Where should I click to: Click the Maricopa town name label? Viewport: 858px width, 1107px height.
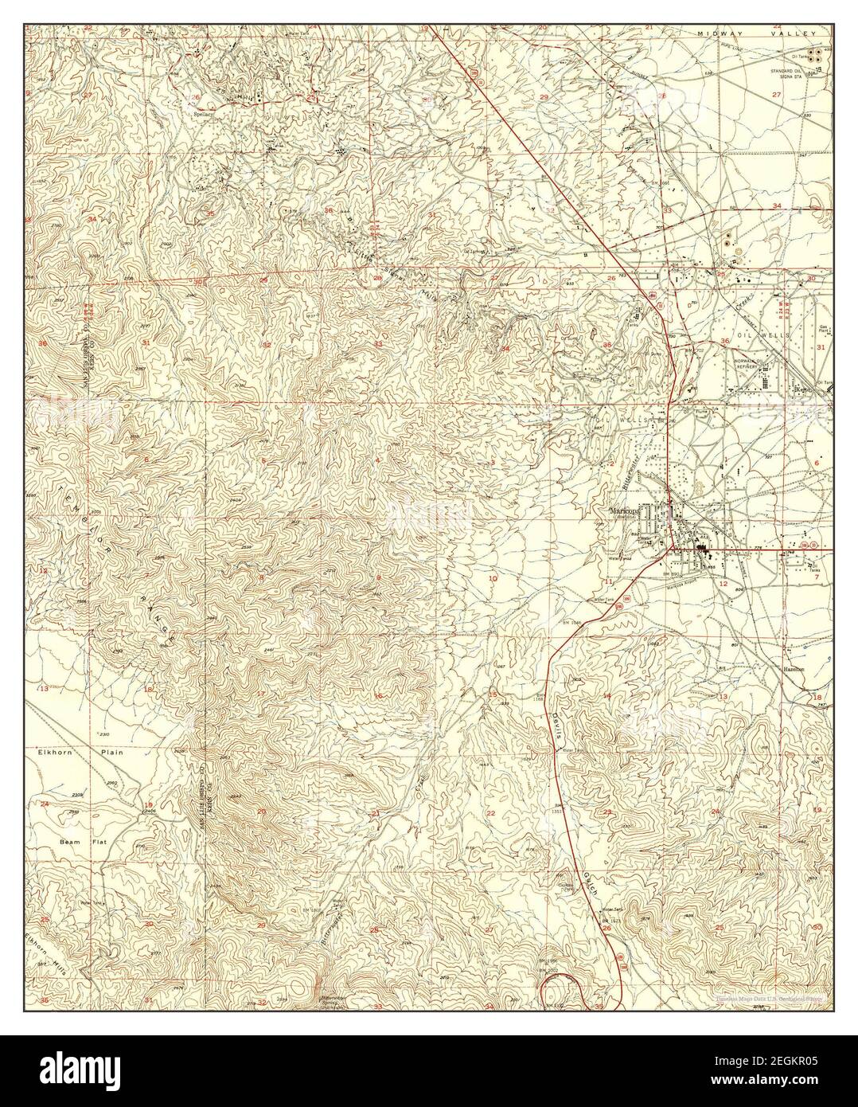click(x=625, y=510)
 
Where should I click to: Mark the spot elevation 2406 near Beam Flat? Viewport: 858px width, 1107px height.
click(x=148, y=811)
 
